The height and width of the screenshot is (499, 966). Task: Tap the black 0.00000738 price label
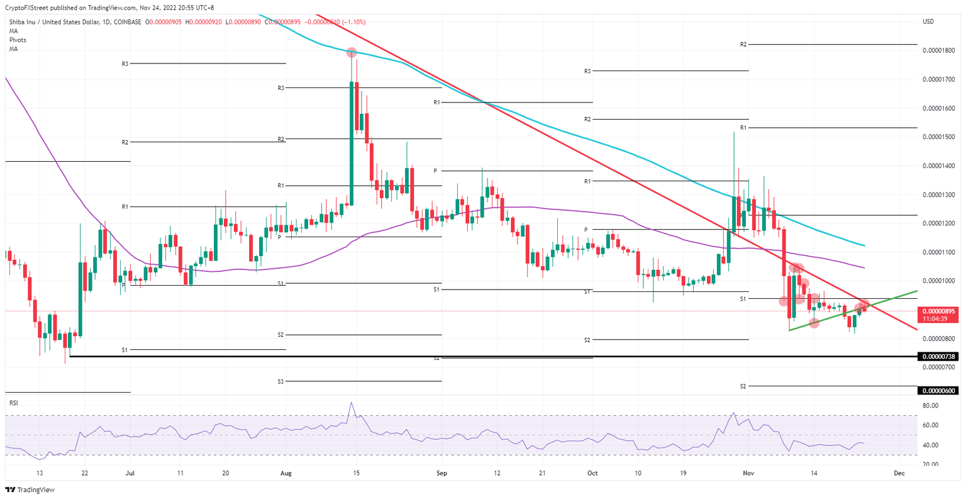coord(938,357)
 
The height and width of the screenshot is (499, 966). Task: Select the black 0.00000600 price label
coord(938,391)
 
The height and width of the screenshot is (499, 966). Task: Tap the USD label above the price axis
coord(928,21)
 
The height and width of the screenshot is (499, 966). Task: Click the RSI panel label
coord(13,401)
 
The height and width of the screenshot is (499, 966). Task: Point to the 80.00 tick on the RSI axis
coord(930,406)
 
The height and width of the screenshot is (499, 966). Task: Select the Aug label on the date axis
coord(286,473)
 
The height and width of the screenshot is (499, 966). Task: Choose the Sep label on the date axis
coord(441,473)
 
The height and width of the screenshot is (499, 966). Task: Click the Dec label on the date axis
coord(899,473)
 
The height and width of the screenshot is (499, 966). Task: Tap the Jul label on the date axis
coord(130,473)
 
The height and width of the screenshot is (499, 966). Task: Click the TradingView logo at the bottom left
coord(30,490)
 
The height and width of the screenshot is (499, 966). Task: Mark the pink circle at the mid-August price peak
coord(352,53)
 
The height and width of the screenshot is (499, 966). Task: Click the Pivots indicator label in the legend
coord(18,40)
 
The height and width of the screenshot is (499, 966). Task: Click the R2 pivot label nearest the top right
coord(743,45)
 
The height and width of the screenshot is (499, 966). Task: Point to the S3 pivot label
coord(280,381)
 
